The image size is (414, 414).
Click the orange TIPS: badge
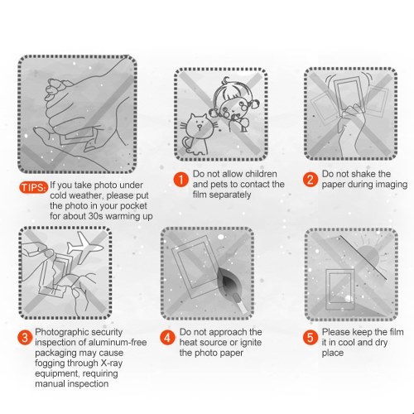click(x=33, y=187)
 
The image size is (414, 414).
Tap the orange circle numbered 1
click(x=181, y=180)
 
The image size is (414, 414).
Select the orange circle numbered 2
click(x=310, y=180)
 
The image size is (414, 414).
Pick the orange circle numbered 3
click(x=25, y=338)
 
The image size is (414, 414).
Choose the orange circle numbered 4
click(x=167, y=338)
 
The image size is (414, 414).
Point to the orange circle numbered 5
click(x=310, y=338)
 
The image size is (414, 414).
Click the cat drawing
click(x=196, y=134)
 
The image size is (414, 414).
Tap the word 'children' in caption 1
click(x=261, y=174)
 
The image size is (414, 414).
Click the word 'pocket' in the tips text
click(x=133, y=206)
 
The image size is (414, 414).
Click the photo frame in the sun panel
click(x=339, y=290)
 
